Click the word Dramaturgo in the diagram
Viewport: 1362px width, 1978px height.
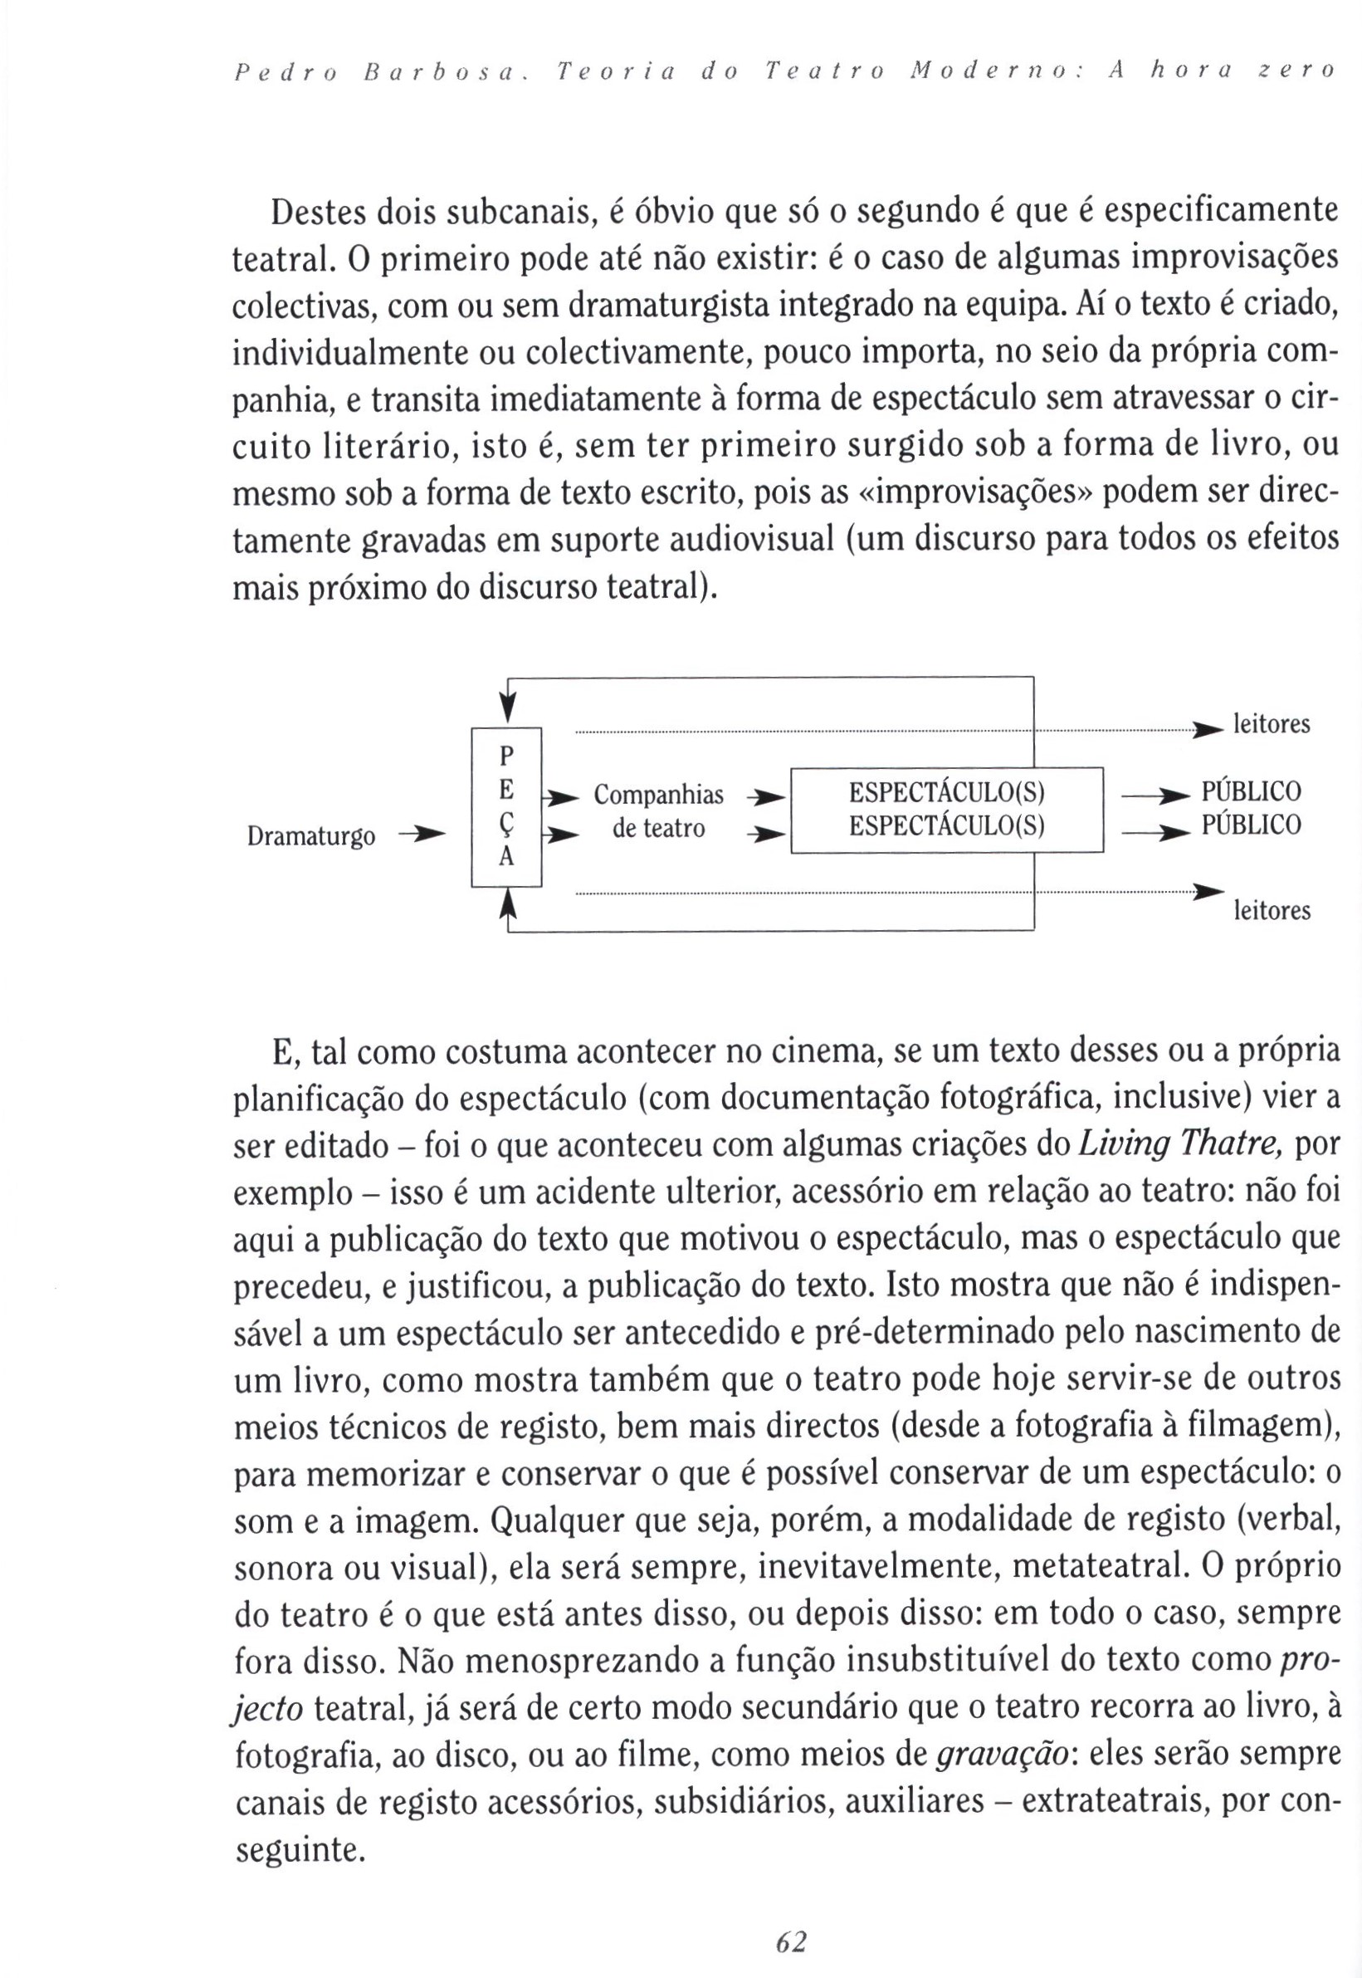[x=310, y=836]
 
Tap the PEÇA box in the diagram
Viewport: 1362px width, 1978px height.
[x=507, y=807]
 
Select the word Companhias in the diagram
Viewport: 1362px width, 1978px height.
[x=658, y=795]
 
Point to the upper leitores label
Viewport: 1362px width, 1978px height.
[x=1272, y=725]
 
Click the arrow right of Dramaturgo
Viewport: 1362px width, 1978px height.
[x=423, y=833]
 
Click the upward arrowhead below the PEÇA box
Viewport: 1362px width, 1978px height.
[x=509, y=903]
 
